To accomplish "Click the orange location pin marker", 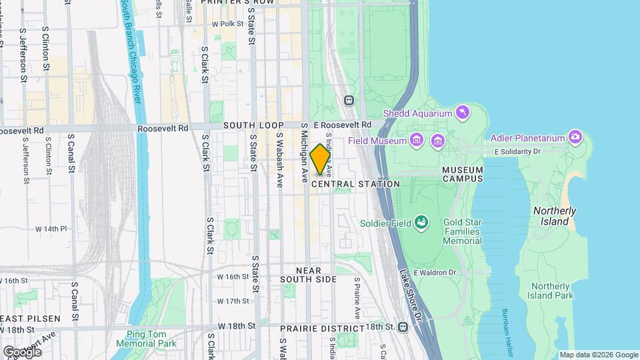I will (320, 159).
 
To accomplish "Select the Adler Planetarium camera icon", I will (575, 138).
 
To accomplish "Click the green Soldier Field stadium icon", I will (421, 222).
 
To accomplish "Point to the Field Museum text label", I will (377, 141).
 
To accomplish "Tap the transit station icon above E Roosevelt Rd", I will (348, 100).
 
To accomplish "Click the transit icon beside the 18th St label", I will (403, 327).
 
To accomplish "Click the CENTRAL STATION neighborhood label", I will (355, 184).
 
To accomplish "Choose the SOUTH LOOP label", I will (253, 125).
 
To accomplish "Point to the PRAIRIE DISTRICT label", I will (322, 329).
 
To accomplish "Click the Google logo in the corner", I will (22, 351).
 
